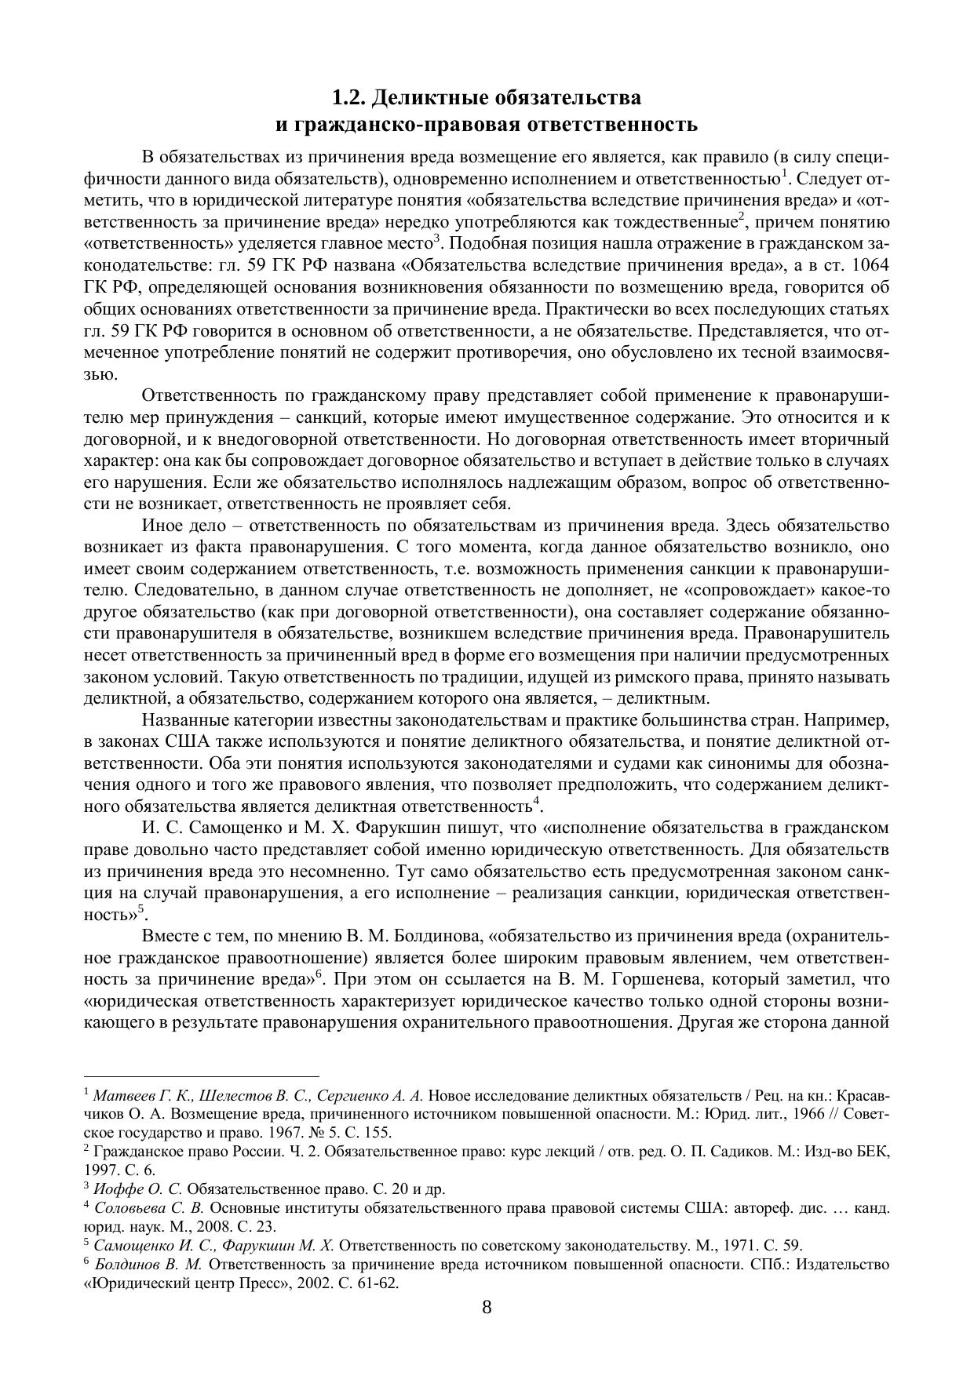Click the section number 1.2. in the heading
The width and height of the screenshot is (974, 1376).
[348, 98]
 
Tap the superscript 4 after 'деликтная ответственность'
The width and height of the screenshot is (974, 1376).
[537, 802]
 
